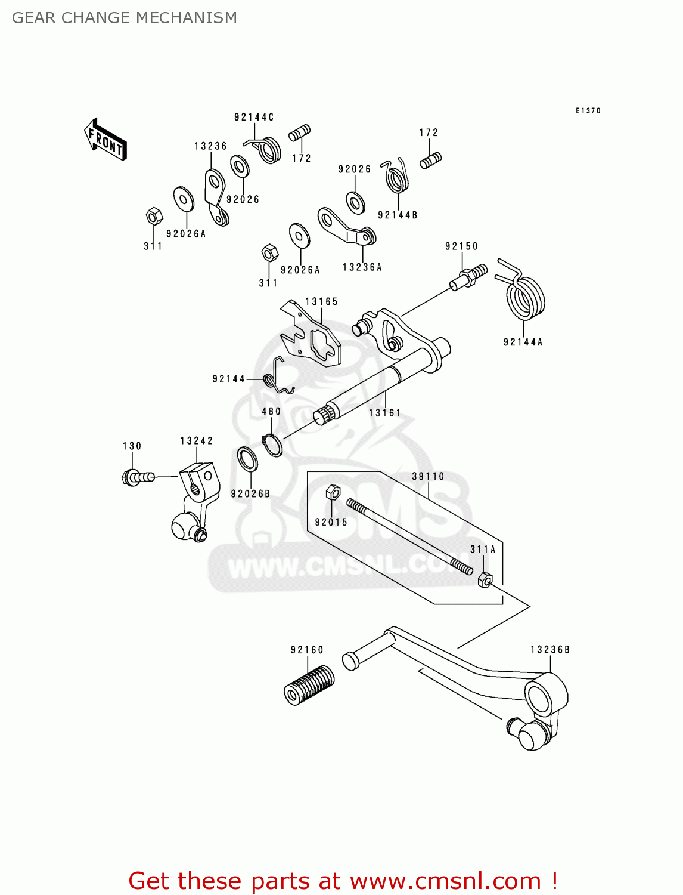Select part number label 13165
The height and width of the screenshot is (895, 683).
pyautogui.click(x=321, y=302)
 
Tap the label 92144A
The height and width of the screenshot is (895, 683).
pyautogui.click(x=523, y=342)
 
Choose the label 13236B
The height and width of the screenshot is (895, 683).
pyautogui.click(x=549, y=650)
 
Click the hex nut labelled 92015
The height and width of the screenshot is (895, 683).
pyautogui.click(x=333, y=492)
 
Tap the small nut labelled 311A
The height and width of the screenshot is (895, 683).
pyautogui.click(x=485, y=579)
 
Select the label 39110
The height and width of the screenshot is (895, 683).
pyautogui.click(x=428, y=477)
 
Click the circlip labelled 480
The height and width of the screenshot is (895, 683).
pyautogui.click(x=272, y=445)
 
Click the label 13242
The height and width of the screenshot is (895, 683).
pyautogui.click(x=197, y=441)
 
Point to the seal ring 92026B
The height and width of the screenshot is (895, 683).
pyautogui.click(x=247, y=459)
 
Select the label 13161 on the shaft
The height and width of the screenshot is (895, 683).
pyautogui.click(x=384, y=413)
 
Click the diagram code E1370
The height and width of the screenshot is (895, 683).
pyautogui.click(x=588, y=111)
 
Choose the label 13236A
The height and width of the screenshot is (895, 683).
pyautogui.click(x=362, y=267)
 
